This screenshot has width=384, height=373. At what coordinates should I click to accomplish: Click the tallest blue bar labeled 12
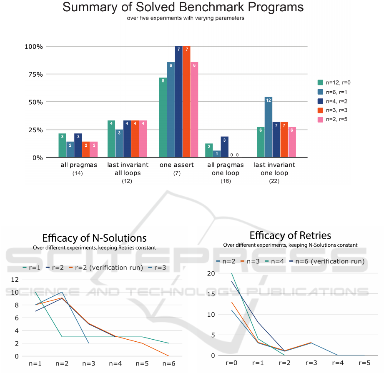pyautogui.click(x=269, y=127)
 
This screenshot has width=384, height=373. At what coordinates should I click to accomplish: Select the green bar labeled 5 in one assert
pyautogui.click(x=163, y=118)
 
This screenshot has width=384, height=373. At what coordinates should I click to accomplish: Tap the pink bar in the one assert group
pyautogui.click(x=194, y=110)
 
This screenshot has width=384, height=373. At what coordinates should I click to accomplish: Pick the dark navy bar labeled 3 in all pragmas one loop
pyautogui.click(x=225, y=147)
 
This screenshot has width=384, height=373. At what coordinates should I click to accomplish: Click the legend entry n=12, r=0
pyautogui.click(x=334, y=83)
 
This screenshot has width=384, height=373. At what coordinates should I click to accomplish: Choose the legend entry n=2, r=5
pyautogui.click(x=332, y=120)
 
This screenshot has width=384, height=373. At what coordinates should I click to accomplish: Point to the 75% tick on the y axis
pyautogui.click(x=36, y=75)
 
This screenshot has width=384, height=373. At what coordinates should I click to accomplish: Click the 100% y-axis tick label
pyautogui.click(x=34, y=47)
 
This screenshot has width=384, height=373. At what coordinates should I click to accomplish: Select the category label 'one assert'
pyautogui.click(x=176, y=165)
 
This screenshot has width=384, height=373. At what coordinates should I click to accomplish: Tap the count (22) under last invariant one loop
pyautogui.click(x=274, y=181)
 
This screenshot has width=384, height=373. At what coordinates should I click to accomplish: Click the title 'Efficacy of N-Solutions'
pyautogui.click(x=94, y=238)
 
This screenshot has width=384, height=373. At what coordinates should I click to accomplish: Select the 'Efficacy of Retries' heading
pyautogui.click(x=290, y=235)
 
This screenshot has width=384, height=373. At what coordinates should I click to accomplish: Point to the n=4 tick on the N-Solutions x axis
pyautogui.click(x=115, y=364)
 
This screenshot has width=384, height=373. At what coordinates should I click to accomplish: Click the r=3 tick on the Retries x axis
pyautogui.click(x=311, y=363)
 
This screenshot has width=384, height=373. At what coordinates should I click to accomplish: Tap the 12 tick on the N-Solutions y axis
pyautogui.click(x=15, y=280)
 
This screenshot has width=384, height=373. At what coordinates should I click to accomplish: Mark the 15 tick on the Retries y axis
pyautogui.click(x=211, y=294)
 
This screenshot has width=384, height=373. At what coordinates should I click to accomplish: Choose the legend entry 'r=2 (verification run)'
pyautogui.click(x=106, y=268)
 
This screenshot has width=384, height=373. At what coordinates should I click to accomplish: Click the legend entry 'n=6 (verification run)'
pyautogui.click(x=327, y=261)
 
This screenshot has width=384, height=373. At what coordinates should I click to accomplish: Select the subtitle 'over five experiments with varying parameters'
pyautogui.click(x=186, y=18)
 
